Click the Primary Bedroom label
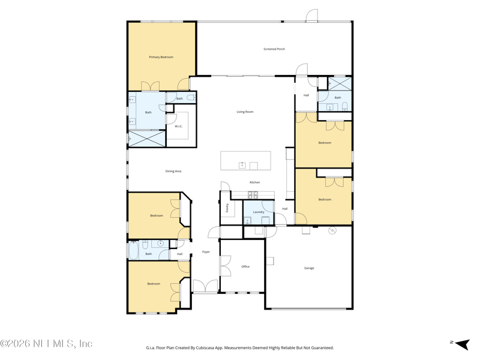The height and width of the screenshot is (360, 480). [x=161, y=57]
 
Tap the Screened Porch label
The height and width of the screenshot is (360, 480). [x=274, y=49]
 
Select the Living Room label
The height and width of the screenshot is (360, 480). [x=245, y=112]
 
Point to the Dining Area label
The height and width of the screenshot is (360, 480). [x=173, y=172]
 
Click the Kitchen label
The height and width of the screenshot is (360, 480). [x=255, y=182]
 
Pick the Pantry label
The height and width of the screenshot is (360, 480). [x=227, y=208]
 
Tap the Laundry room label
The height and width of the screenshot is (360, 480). [x=259, y=212]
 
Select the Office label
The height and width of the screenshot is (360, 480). [x=245, y=266]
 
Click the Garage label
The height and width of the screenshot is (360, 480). [x=309, y=268]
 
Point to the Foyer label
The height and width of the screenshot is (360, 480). [x=206, y=252]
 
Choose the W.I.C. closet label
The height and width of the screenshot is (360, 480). [x=179, y=127]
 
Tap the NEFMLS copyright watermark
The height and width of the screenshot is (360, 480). [x=46, y=344]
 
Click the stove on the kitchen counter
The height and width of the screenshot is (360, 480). [x=253, y=194]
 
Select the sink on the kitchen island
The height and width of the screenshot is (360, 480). [x=242, y=166]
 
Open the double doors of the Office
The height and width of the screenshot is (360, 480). [x=225, y=266]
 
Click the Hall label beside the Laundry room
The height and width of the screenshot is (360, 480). [x=285, y=209]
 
